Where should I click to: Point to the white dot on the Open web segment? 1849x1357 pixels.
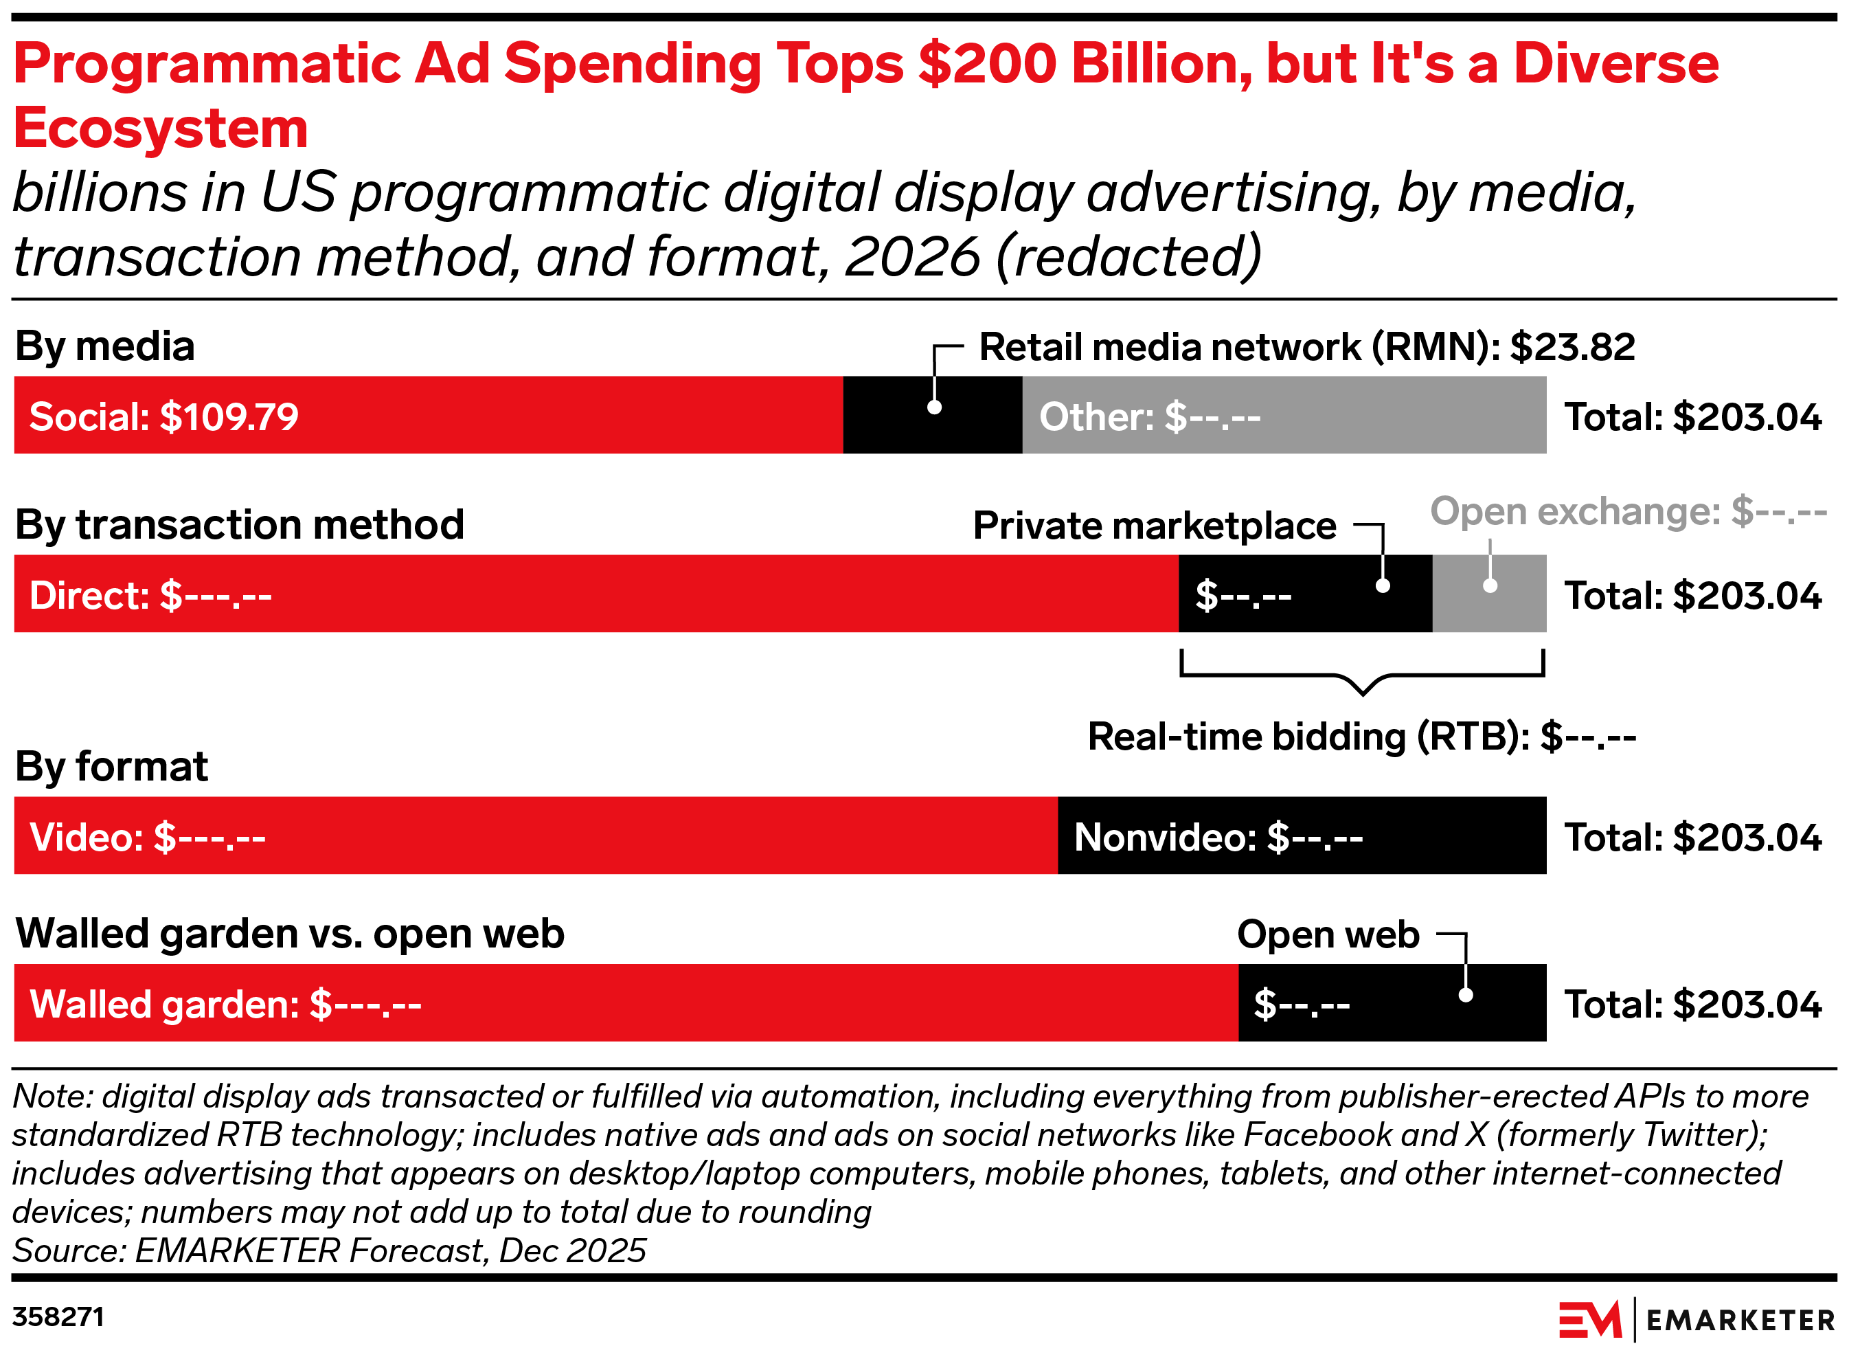1466,995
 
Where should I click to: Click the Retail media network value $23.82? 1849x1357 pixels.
1572,347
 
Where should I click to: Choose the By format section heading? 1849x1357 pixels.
112,766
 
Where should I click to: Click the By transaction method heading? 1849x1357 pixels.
240,525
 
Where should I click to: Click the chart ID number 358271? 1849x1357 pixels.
58,1316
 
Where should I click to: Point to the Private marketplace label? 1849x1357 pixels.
1154,526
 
